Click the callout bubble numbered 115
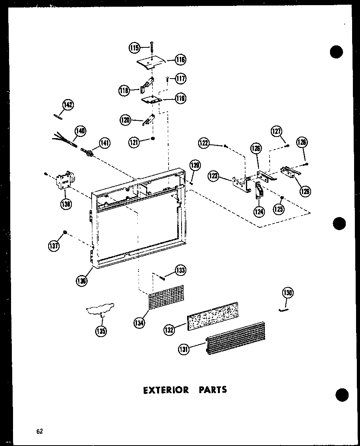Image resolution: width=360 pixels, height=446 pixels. click(x=134, y=48)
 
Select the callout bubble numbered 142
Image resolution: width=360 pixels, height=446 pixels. click(x=68, y=105)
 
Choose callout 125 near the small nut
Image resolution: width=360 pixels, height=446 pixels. click(x=279, y=209)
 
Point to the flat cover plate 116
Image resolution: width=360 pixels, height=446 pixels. click(x=151, y=61)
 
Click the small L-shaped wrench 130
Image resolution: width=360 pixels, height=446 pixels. click(x=283, y=310)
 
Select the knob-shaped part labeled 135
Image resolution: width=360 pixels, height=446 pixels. click(x=101, y=309)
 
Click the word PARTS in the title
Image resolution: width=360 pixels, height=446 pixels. click(x=213, y=390)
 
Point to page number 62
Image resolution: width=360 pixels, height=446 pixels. click(x=39, y=431)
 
